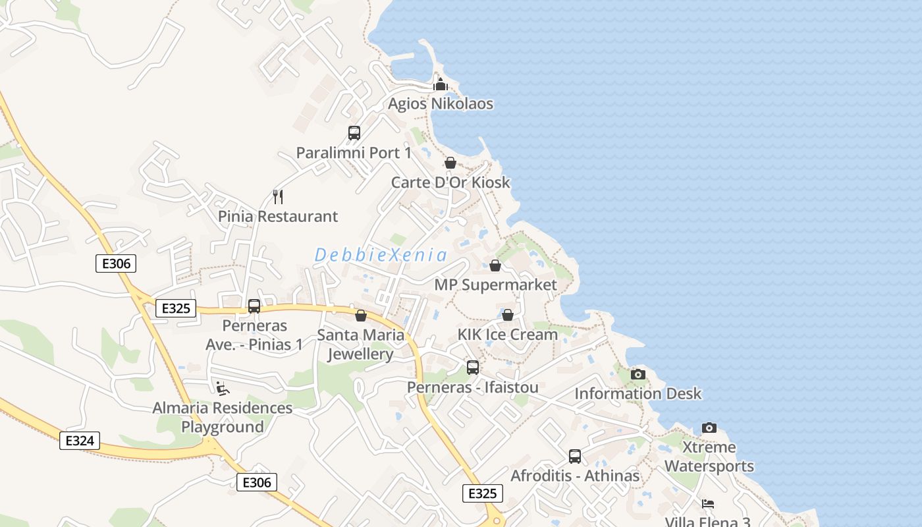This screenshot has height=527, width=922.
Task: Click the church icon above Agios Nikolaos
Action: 441,84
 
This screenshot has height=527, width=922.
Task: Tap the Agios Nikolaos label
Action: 441,104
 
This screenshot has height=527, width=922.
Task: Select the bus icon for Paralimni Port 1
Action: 354,133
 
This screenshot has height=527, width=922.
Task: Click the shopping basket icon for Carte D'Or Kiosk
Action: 450,163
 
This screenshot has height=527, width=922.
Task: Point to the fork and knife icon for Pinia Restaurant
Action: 278,196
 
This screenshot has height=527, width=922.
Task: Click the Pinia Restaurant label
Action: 278,216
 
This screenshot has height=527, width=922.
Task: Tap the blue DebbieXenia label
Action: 381,255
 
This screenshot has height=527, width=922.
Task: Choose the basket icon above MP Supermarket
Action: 495,265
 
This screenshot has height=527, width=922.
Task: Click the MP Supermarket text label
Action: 495,285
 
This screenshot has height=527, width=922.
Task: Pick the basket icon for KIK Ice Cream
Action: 508,316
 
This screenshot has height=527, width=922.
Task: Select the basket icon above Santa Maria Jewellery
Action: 361,316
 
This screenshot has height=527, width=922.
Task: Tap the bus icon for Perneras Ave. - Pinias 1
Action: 254,306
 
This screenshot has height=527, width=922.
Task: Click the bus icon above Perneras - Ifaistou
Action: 473,368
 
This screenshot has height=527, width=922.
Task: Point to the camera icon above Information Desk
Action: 638,375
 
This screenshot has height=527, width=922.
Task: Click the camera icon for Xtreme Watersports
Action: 709,428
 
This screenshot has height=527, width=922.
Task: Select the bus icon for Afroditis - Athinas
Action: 575,456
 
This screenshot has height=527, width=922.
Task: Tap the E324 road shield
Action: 80,441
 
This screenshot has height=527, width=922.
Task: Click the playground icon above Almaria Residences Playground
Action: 223,389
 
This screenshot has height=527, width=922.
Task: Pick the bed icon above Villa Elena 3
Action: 708,505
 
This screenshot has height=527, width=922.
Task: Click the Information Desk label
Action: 638,394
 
